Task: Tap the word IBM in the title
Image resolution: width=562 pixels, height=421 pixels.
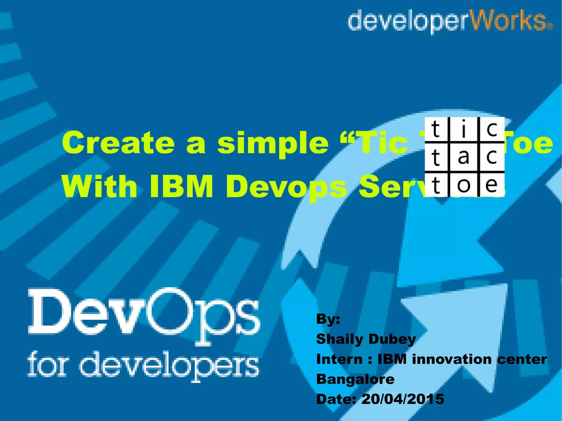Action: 181,187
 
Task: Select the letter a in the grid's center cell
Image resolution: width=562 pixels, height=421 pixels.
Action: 463,157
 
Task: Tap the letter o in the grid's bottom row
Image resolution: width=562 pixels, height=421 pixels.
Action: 464,185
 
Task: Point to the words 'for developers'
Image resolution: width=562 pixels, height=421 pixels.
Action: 143,365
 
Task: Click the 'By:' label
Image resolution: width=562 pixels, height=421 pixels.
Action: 328,319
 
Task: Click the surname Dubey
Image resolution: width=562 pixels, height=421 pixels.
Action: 392,340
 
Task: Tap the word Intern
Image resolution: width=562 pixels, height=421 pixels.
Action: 339,359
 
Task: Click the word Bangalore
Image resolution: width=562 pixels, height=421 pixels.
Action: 355,379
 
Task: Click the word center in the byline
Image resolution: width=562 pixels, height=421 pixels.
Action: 522,359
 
